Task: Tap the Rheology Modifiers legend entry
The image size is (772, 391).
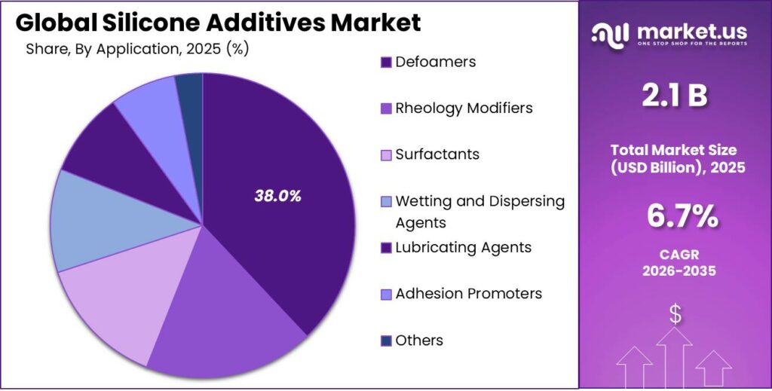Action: tap(463, 108)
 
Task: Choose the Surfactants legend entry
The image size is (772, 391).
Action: tap(437, 154)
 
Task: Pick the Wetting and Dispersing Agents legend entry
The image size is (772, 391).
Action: tap(479, 211)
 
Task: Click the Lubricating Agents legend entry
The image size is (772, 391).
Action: tap(463, 247)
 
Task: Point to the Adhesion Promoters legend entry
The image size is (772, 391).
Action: tap(468, 293)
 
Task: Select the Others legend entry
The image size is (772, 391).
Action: tap(418, 340)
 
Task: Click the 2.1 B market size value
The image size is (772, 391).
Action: tap(675, 96)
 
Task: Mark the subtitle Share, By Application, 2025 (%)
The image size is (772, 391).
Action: tap(137, 49)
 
